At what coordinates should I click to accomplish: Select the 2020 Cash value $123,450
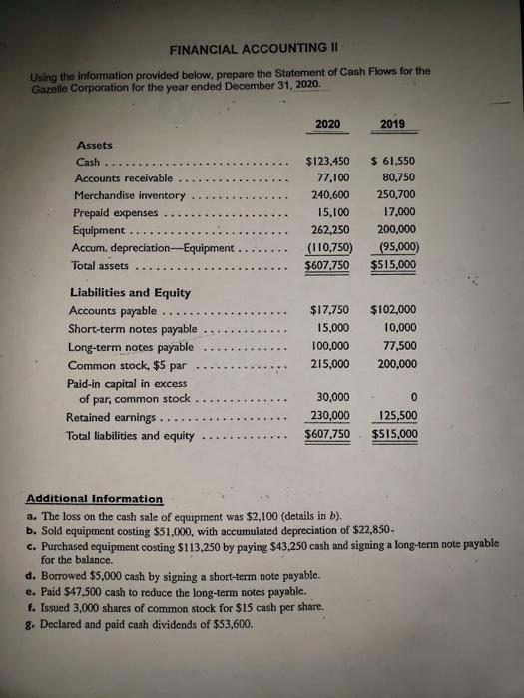326,160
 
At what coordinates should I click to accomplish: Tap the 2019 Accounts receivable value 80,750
398,177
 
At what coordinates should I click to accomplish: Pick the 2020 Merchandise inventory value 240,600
326,195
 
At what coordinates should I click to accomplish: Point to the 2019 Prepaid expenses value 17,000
398,212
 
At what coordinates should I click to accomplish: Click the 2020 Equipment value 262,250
326,230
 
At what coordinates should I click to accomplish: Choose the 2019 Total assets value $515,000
394,265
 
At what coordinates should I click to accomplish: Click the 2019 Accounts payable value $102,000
394,310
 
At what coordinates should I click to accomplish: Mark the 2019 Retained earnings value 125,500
396,415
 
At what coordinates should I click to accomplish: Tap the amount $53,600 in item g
218,626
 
